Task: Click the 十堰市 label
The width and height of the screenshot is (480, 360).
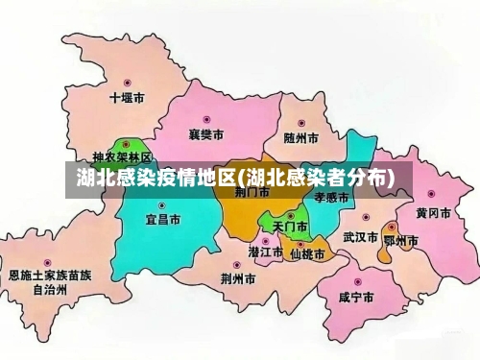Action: (127, 98)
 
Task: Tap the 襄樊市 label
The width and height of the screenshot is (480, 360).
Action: (206, 134)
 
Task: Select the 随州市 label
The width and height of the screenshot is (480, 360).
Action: (301, 137)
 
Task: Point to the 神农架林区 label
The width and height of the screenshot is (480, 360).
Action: (122, 156)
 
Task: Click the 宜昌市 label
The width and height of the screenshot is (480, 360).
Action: (162, 220)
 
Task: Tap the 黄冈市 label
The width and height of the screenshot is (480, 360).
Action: (433, 213)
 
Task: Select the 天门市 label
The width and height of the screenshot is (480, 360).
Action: (290, 228)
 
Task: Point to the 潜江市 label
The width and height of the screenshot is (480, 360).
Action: (266, 252)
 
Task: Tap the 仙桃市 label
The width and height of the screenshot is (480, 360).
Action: (307, 254)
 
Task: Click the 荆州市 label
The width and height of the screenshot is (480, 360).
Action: (237, 279)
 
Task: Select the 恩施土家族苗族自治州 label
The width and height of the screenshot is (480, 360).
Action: (50, 281)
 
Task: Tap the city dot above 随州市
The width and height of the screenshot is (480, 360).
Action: (301, 123)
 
